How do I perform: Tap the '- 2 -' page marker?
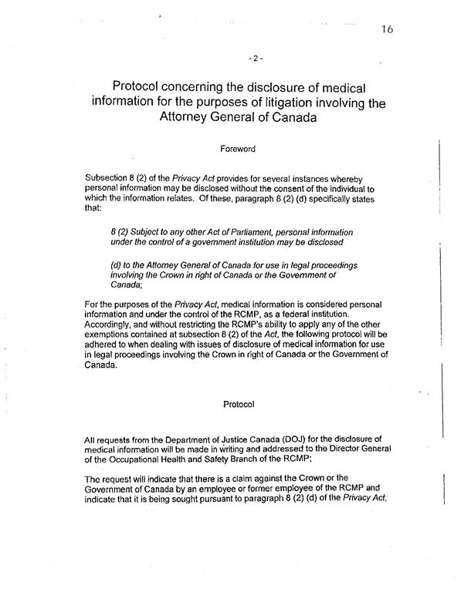click(x=258, y=58)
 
